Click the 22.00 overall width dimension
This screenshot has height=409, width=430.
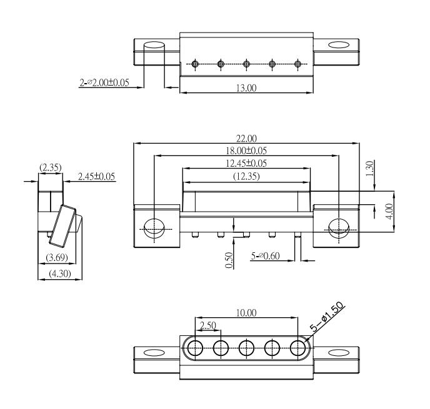(246, 139)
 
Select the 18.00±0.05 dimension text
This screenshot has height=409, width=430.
(246, 150)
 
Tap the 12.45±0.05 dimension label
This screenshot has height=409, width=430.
(246, 163)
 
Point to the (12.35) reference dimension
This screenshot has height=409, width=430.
(246, 176)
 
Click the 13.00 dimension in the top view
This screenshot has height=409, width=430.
(246, 88)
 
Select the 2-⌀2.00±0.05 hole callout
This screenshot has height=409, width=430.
(104, 82)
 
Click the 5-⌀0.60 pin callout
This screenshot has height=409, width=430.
(265, 256)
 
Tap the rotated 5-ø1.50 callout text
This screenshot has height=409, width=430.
(326, 317)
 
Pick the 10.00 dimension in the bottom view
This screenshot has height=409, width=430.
(246, 313)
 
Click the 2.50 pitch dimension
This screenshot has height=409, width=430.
(208, 325)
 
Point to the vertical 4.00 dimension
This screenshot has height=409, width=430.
(389, 211)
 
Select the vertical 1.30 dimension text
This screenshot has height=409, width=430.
(369, 169)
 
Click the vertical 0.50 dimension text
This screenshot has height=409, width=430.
(229, 260)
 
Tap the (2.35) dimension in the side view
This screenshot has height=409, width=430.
(51, 167)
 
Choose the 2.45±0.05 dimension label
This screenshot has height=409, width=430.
(96, 177)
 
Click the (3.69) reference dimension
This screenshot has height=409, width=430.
(57, 257)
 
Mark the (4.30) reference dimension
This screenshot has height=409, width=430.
(60, 273)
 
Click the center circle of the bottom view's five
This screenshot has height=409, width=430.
(246, 348)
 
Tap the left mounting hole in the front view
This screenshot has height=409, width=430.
(154, 229)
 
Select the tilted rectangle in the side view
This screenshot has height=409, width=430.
(62, 225)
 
